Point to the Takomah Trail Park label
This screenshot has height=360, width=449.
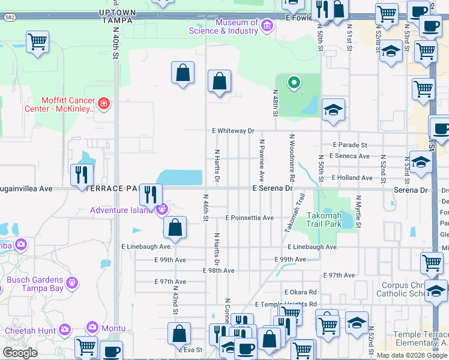point(324,220)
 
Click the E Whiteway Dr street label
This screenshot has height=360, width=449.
point(234,130)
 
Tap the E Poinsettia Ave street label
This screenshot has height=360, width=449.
point(249,218)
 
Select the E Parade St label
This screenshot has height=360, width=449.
point(350,145)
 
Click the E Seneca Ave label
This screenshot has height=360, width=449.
point(351,156)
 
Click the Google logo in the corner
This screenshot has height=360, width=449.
point(20,352)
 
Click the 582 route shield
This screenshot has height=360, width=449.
point(5,17)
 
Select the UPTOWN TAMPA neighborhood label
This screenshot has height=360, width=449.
point(118,16)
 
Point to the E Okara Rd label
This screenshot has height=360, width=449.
point(300,292)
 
